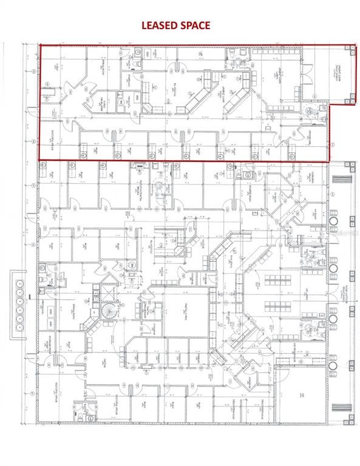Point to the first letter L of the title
144,25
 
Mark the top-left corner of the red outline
39,44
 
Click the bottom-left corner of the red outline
39,160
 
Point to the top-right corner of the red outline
355,44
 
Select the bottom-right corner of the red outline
328,161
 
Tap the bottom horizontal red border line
182,161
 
